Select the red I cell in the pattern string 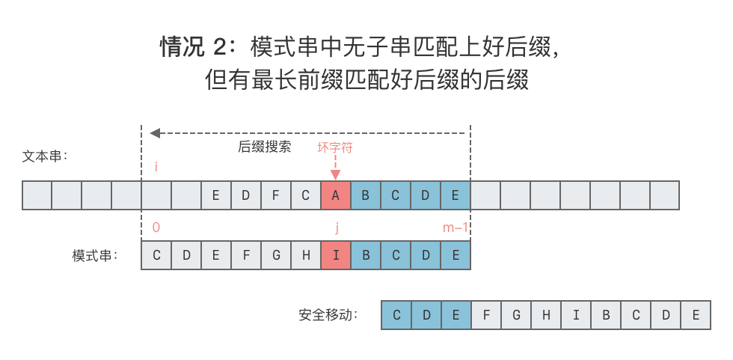[336, 255]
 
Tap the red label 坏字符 [335, 147]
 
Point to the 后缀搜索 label [265, 147]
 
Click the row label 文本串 [45, 156]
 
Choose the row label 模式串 [95, 255]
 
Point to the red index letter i [156, 167]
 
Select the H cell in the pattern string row [306, 255]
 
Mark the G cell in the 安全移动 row [516, 315]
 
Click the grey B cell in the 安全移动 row [606, 315]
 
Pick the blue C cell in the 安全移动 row [396, 315]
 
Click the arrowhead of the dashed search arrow [155, 133]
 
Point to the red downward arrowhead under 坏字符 [336, 175]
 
